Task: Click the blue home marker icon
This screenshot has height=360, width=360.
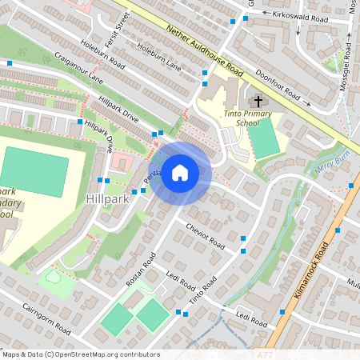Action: click(x=180, y=173)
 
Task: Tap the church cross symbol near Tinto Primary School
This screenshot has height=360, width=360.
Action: click(x=256, y=102)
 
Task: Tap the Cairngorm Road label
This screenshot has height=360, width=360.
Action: click(x=47, y=320)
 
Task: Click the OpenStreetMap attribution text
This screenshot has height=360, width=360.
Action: click(x=80, y=354)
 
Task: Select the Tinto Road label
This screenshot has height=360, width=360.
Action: click(x=203, y=294)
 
